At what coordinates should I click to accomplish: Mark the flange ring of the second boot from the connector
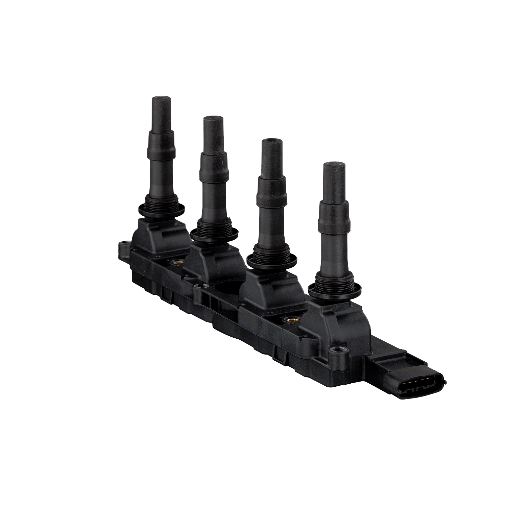coord(272,260)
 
